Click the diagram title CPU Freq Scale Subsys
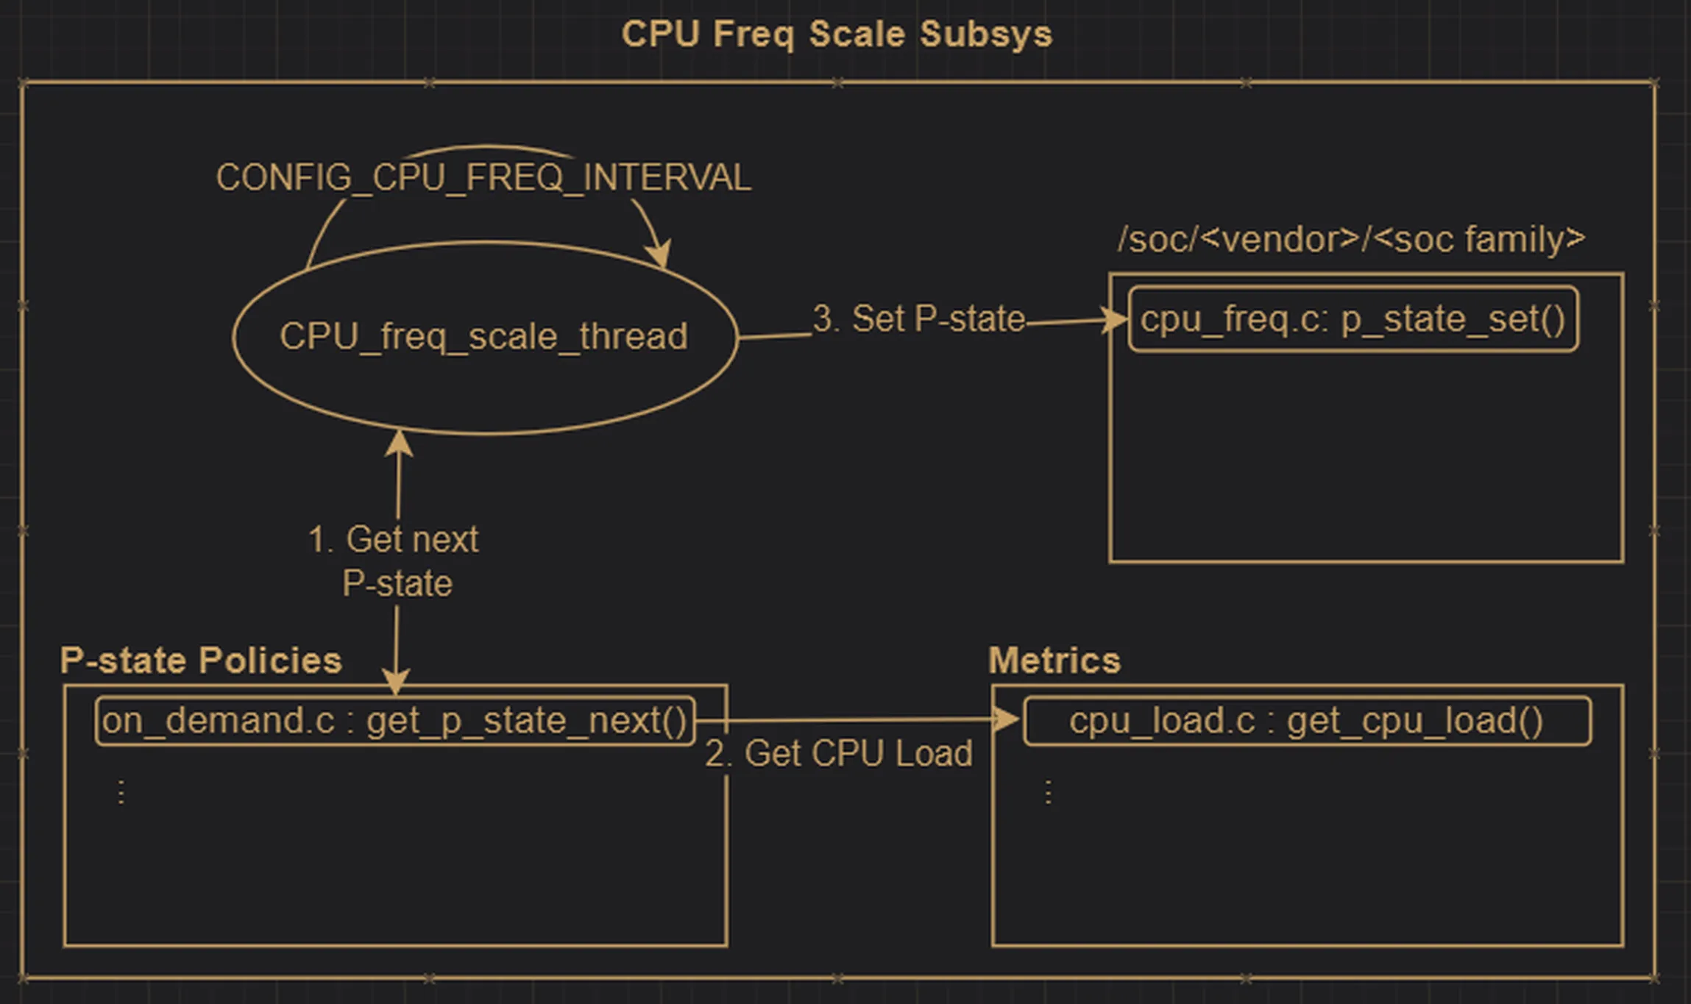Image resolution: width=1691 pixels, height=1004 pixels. (x=837, y=35)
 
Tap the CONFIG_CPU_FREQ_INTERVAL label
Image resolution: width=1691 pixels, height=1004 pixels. (x=483, y=177)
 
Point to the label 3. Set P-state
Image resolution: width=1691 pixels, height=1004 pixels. (x=919, y=318)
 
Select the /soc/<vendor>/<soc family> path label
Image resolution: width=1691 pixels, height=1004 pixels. (x=1351, y=239)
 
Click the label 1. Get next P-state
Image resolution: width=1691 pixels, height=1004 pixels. (x=394, y=560)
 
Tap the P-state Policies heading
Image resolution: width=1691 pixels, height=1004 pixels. (x=201, y=660)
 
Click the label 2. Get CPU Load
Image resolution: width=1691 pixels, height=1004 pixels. (x=839, y=753)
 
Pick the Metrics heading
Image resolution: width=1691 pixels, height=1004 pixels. (x=1054, y=660)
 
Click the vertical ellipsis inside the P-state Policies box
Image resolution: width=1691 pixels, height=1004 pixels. (x=121, y=792)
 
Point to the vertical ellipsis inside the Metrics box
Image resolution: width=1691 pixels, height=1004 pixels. (x=1049, y=792)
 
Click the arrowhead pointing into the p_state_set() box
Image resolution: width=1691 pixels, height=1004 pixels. (x=1114, y=320)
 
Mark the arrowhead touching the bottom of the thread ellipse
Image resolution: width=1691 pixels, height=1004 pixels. (x=399, y=443)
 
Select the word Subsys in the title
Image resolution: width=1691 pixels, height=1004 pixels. (x=986, y=35)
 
